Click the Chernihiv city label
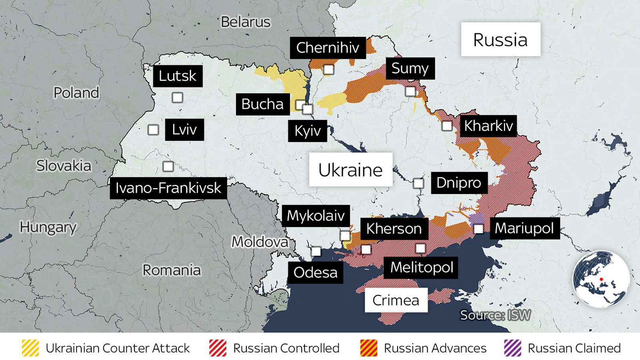(x=328, y=48)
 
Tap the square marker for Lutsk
(x=177, y=98)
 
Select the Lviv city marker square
(x=153, y=130)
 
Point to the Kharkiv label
(x=488, y=126)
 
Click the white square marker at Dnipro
(x=418, y=183)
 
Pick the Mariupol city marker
(x=478, y=229)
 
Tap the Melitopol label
(x=421, y=267)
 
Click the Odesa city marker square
(x=316, y=251)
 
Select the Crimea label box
(x=396, y=300)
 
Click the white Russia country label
(x=500, y=40)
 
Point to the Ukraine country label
(x=350, y=170)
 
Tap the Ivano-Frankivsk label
(x=168, y=188)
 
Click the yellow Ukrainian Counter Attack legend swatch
(x=30, y=348)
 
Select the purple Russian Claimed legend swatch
(x=513, y=348)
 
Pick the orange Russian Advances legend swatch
(x=368, y=348)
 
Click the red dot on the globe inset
(x=601, y=279)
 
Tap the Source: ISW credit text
(x=495, y=315)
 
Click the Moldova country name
(x=260, y=242)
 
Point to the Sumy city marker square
(x=410, y=91)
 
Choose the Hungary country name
(x=48, y=227)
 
